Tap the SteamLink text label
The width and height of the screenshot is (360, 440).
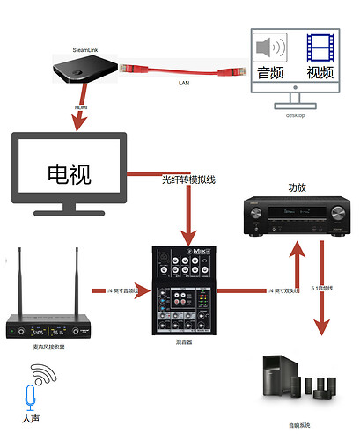[x=85, y=50]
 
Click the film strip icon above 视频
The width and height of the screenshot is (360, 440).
[x=320, y=47]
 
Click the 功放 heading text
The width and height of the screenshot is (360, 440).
[x=298, y=187]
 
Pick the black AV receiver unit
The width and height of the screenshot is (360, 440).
[x=291, y=217]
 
